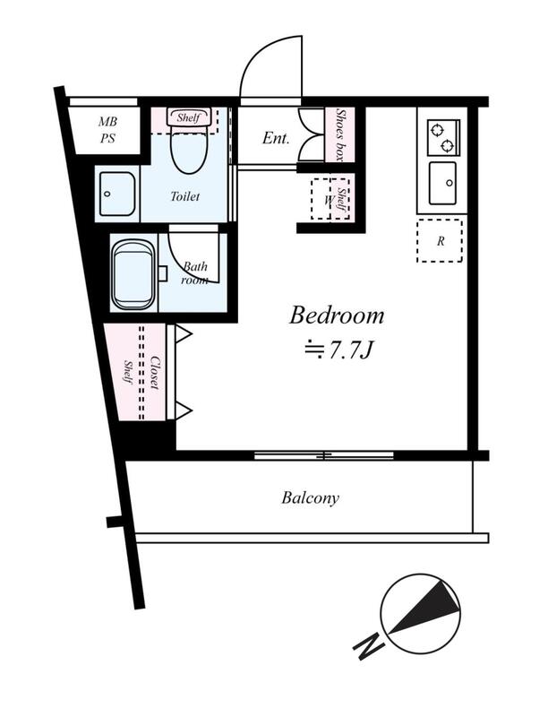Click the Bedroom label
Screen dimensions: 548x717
(337, 315)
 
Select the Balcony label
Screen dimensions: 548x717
(310, 497)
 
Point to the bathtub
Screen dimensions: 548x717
(133, 275)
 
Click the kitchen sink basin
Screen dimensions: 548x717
(442, 183)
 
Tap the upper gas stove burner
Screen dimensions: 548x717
(438, 129)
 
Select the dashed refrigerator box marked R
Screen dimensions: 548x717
(440, 240)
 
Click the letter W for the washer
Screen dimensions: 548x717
(328, 200)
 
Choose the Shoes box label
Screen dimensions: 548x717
(339, 134)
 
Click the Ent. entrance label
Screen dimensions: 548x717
(276, 138)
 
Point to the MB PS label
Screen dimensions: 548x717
(107, 130)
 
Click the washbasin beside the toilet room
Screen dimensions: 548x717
(117, 194)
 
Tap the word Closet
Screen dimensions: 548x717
(154, 373)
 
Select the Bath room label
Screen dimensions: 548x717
(195, 273)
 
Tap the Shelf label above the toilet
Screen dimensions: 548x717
(189, 117)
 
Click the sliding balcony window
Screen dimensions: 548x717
(324, 455)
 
